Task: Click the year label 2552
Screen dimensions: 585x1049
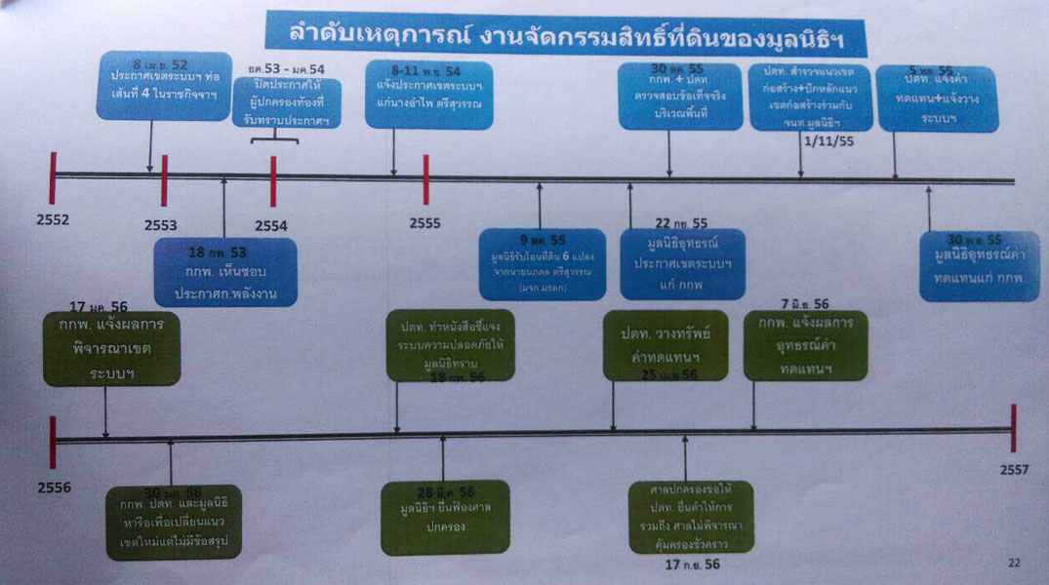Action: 52,219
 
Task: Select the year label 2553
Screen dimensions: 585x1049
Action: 161,225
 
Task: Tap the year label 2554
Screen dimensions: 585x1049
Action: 271,225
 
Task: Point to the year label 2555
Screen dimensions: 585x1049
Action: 424,222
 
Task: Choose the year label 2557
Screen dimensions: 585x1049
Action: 1015,470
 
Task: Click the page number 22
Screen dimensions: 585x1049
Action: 1014,563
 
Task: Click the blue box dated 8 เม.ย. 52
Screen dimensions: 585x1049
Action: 164,86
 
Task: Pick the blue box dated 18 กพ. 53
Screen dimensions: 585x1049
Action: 224,272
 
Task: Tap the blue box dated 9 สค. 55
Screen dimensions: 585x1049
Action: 542,263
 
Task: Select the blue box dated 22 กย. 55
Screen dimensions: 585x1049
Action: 682,263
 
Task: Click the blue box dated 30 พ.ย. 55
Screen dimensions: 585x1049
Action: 978,265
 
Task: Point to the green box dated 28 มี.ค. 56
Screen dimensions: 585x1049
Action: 445,517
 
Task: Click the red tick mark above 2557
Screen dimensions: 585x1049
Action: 1014,428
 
